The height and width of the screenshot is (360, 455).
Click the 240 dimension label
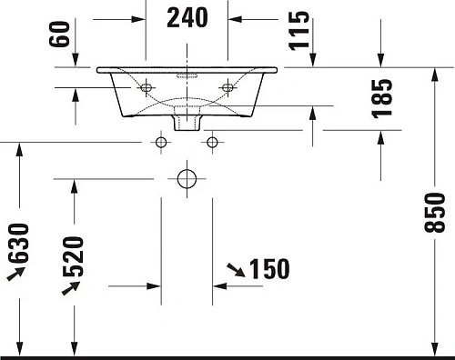click(187, 17)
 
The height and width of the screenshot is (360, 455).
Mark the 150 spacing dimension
click(269, 269)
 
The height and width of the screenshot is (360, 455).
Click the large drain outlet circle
click(187, 177)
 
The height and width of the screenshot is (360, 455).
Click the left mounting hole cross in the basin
click(147, 87)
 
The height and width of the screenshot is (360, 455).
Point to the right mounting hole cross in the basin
click(227, 87)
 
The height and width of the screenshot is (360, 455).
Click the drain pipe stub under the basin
click(187, 119)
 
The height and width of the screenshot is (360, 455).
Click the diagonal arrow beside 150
click(235, 268)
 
